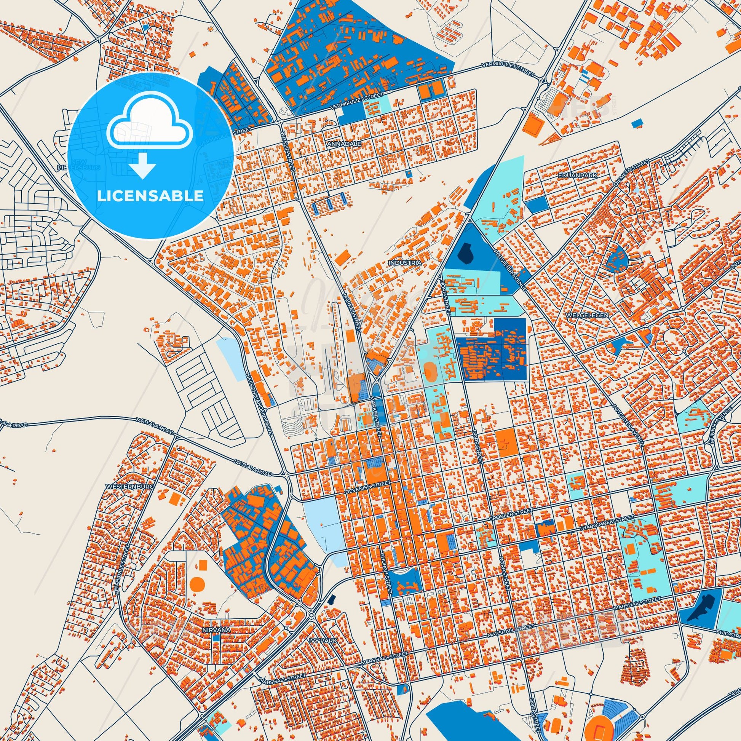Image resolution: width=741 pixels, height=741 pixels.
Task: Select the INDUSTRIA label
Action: click(x=405, y=263)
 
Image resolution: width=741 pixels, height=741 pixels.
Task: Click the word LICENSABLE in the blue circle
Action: click(x=150, y=196)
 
